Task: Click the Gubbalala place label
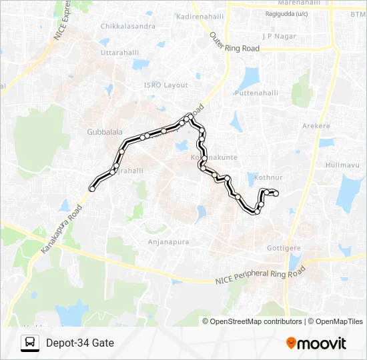(102, 131)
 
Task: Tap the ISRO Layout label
(166, 85)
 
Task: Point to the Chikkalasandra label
(127, 27)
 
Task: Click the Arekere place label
(316, 125)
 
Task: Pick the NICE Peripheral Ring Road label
(260, 277)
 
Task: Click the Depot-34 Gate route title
(80, 343)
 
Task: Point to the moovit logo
(316, 343)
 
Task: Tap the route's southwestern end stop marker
(92, 189)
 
